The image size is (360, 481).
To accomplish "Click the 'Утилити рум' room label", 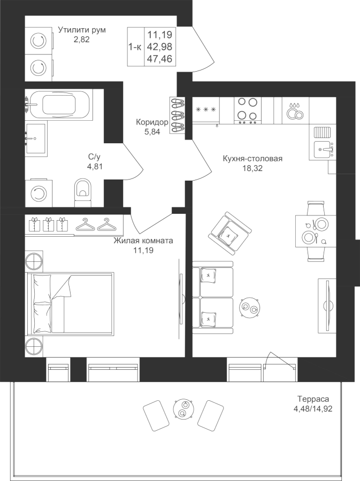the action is click(82, 30).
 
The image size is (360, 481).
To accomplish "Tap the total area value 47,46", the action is click(159, 58).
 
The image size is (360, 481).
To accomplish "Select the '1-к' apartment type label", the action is click(135, 47).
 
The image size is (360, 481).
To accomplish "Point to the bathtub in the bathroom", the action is click(58, 104).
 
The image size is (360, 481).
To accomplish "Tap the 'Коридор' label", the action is click(152, 122).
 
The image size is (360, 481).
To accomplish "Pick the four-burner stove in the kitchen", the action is click(247, 110).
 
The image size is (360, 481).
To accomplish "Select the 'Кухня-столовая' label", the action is click(252, 159).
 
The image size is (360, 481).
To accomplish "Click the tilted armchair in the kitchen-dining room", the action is click(230, 233).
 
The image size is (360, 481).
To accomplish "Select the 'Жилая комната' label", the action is click(143, 241).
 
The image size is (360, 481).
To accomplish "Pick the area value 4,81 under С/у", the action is click(95, 167).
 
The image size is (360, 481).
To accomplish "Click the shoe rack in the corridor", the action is click(178, 114).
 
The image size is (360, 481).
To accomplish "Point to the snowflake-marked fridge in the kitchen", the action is click(206, 110).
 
